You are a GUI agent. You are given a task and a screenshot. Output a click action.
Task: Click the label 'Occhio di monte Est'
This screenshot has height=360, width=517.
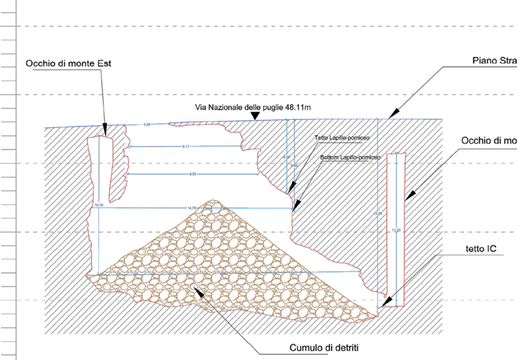click(x=68, y=64)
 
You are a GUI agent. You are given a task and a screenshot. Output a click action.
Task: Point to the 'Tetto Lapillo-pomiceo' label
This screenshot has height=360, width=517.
click(x=345, y=138)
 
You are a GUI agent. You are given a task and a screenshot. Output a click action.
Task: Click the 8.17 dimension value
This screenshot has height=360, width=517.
click(x=185, y=147)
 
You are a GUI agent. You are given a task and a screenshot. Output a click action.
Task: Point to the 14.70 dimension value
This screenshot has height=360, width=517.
click(x=192, y=207)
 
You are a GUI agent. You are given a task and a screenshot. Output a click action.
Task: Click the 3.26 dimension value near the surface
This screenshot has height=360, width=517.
click(x=147, y=125)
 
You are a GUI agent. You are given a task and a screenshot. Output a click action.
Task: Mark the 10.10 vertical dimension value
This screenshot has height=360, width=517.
click(x=98, y=206)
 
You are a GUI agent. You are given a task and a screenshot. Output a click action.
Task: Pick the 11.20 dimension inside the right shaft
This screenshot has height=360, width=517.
click(x=394, y=230)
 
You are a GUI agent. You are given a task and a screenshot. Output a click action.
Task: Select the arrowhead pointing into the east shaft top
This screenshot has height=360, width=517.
click(x=106, y=133)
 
